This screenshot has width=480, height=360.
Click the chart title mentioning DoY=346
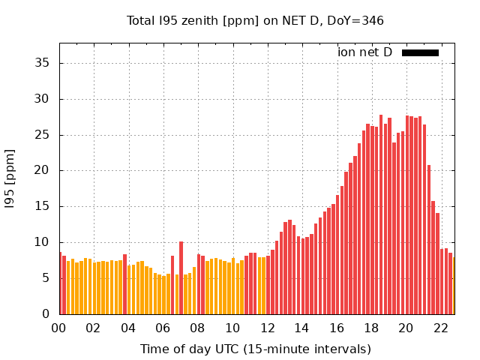[255, 20]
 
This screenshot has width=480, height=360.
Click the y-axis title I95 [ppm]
[10, 180]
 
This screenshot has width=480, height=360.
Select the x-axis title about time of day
[255, 349]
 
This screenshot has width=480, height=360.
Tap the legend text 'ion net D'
[364, 52]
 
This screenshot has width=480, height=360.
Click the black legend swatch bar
[420, 52]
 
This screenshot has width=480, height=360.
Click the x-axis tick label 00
[58, 328]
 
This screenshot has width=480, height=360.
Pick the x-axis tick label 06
[163, 328]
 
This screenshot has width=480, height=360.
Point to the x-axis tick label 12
[267, 328]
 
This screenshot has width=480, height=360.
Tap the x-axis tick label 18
[371, 328]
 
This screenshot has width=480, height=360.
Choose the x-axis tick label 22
[441, 328]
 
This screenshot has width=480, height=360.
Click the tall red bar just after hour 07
[181, 277]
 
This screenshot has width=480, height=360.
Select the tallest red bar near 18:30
[381, 214]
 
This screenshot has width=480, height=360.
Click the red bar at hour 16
[337, 254]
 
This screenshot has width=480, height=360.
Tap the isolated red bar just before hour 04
[124, 284]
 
